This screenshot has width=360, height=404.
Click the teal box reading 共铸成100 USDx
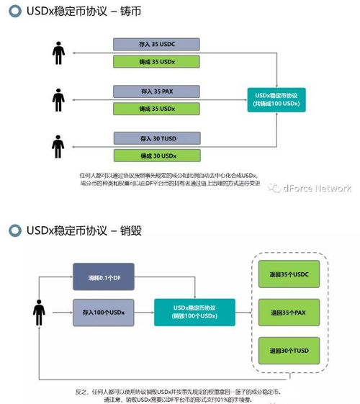(x=278, y=99)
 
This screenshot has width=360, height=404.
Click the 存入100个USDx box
(x=103, y=313)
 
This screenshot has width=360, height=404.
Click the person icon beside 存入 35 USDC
(x=58, y=52)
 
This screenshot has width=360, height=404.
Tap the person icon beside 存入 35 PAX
(x=58, y=99)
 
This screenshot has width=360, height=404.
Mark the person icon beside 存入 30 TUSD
(x=58, y=146)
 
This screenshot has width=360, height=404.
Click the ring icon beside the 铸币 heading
(x=13, y=13)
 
